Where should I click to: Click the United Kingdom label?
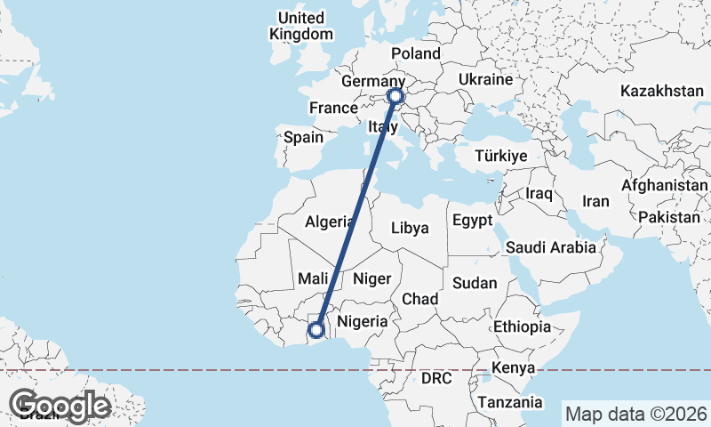(301, 26)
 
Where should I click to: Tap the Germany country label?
(373, 81)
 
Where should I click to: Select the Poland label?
(415, 52)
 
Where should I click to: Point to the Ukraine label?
(485, 79)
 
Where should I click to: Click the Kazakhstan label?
(662, 91)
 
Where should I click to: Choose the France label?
(332, 109)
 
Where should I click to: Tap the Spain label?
(303, 138)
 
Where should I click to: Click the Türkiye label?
(501, 156)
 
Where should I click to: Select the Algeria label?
(330, 222)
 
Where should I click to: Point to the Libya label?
(410, 228)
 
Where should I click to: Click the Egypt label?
(472, 221)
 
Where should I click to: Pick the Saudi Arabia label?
(551, 247)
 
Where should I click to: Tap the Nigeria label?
(363, 321)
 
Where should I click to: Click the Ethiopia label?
(523, 326)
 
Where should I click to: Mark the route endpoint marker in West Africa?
(316, 330)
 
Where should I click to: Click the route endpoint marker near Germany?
(395, 96)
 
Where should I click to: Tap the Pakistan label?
(668, 217)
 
